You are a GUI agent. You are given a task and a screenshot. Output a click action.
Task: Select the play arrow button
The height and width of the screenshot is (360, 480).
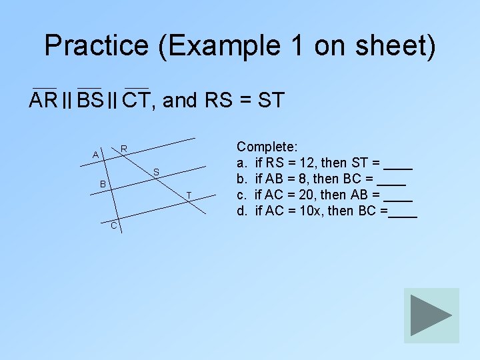click(x=431, y=315)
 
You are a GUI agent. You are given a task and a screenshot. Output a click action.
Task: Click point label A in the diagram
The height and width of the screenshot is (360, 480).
click(x=96, y=155)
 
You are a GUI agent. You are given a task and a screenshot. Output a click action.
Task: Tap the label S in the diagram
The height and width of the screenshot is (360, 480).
click(x=155, y=173)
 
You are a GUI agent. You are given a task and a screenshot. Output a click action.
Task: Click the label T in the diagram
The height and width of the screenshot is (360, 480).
click(x=189, y=195)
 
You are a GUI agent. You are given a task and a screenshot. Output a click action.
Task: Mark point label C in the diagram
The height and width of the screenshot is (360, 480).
click(x=113, y=226)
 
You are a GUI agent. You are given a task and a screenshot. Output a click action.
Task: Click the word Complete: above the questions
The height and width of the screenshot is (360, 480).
click(x=268, y=146)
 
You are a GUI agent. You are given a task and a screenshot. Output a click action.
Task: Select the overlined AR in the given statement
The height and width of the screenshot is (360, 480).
click(x=44, y=101)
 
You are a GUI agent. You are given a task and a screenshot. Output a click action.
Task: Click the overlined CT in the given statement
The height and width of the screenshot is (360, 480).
click(x=137, y=101)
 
